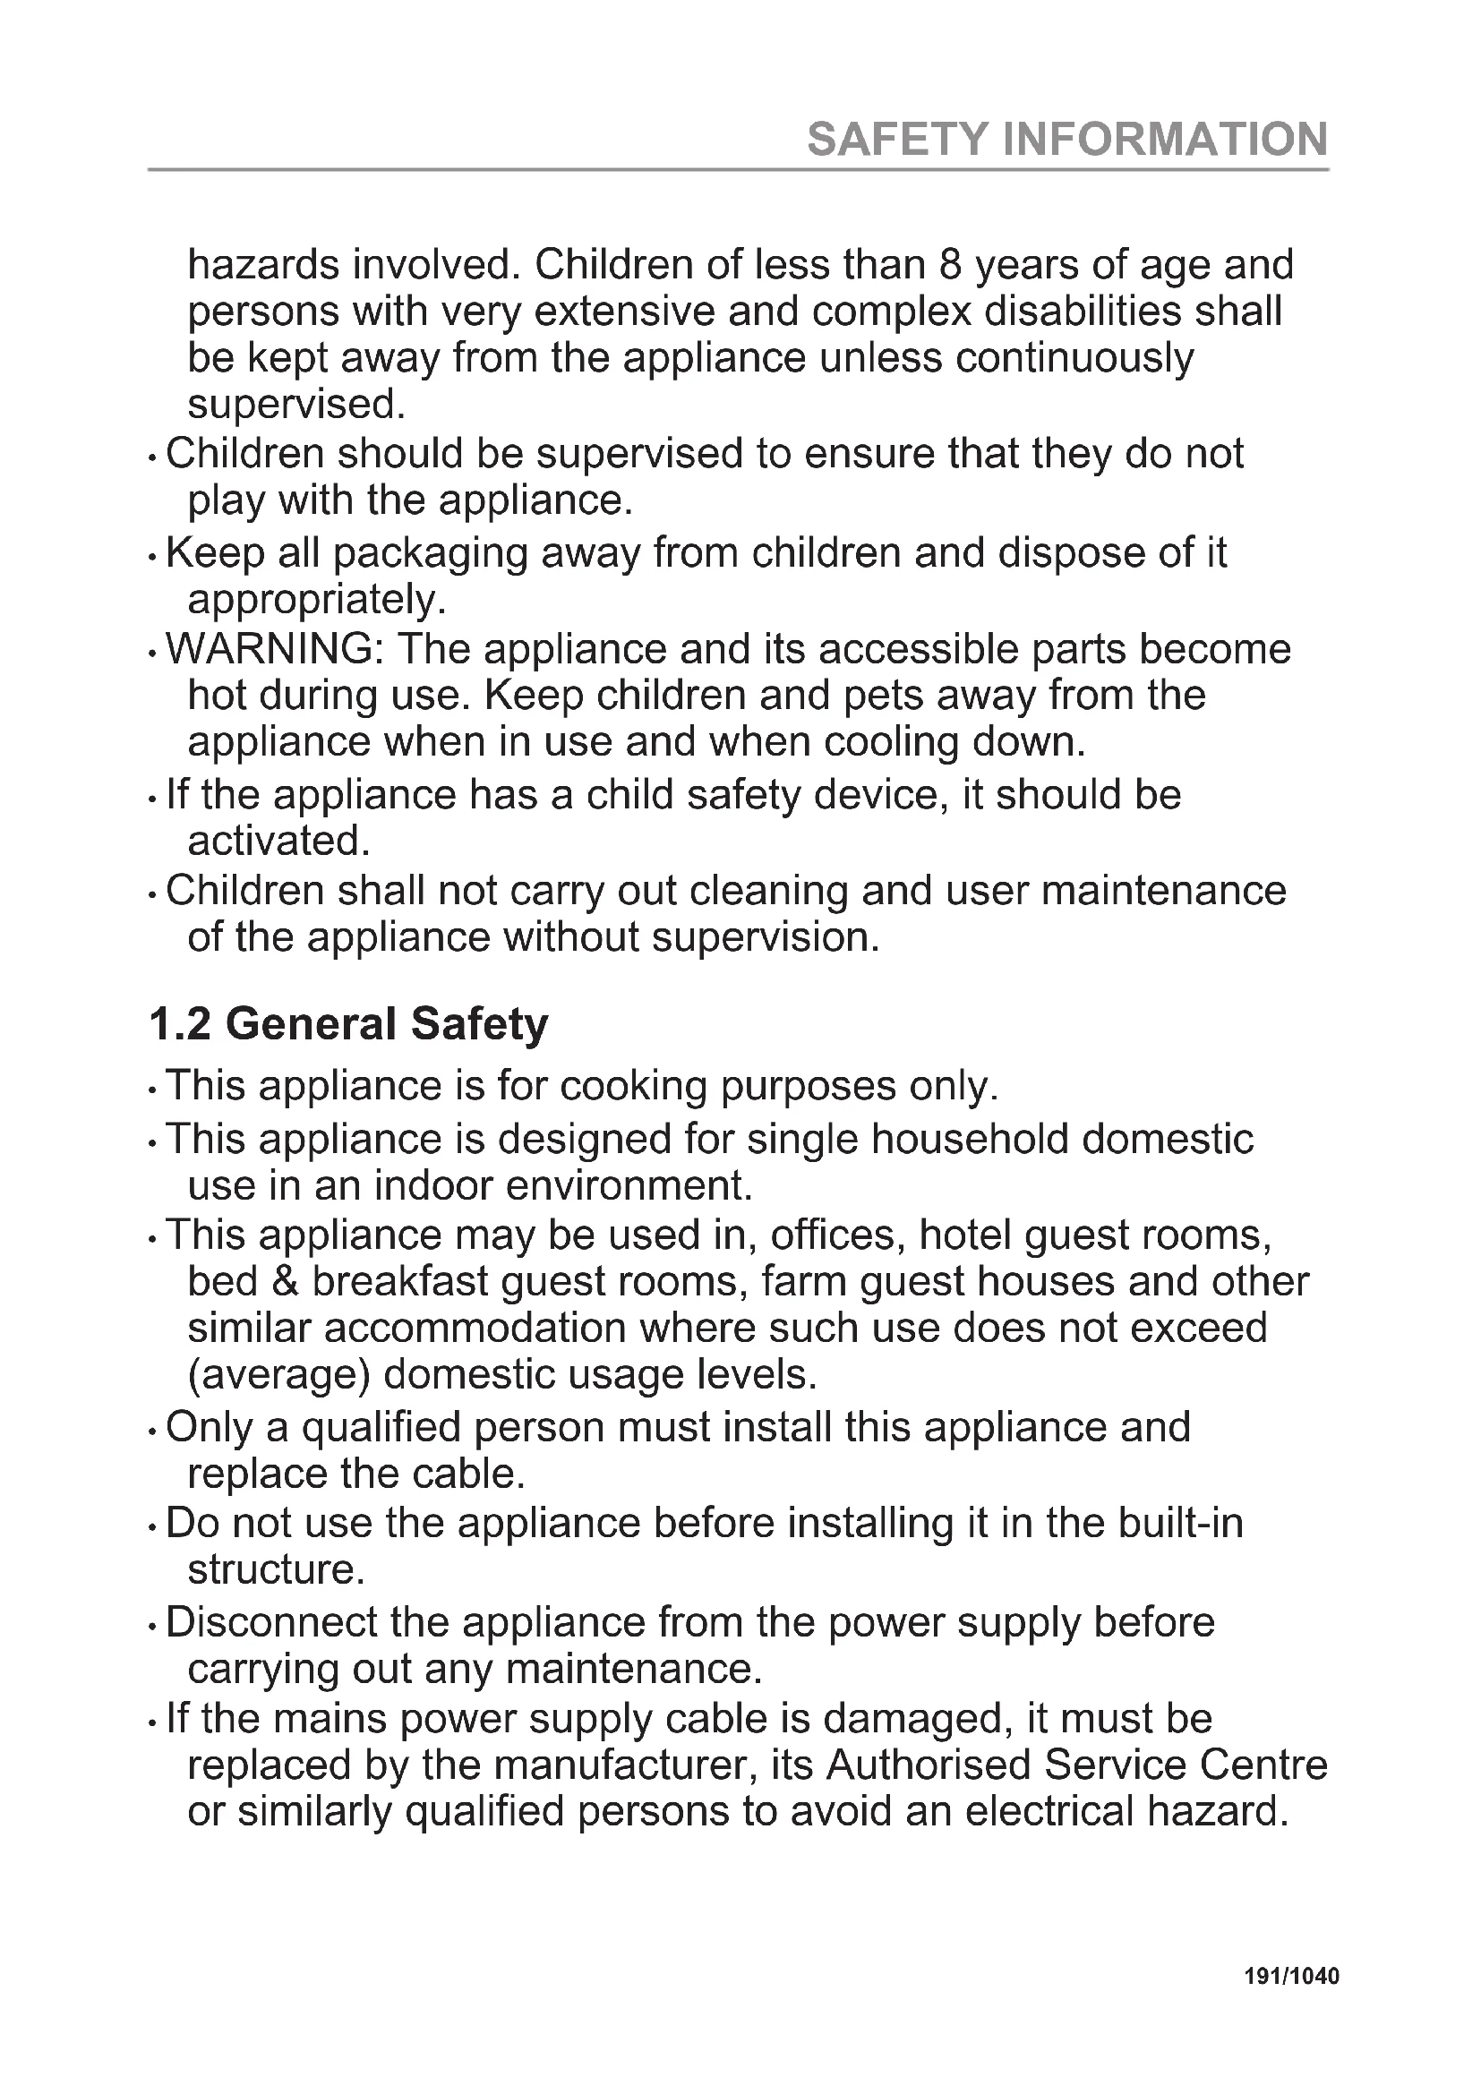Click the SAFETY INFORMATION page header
1067,140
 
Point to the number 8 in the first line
951,265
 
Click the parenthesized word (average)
278,1374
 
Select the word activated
278,841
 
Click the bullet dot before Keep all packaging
152,556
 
